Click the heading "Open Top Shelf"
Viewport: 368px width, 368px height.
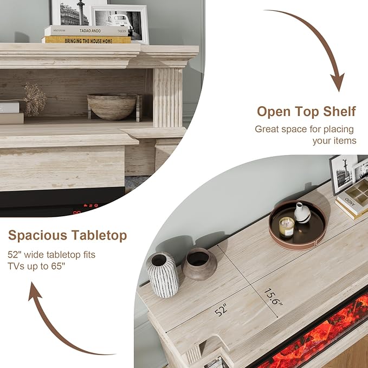[306, 112]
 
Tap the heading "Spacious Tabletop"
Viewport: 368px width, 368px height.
[68, 236]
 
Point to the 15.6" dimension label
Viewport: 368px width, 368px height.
[274, 298]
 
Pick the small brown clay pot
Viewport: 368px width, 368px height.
[199, 263]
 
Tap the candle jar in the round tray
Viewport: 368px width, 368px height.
[286, 228]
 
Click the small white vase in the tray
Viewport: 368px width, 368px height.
[302, 212]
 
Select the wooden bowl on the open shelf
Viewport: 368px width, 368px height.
[112, 107]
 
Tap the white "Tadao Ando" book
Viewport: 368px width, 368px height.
[87, 30]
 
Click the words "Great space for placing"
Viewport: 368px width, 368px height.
[304, 129]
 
